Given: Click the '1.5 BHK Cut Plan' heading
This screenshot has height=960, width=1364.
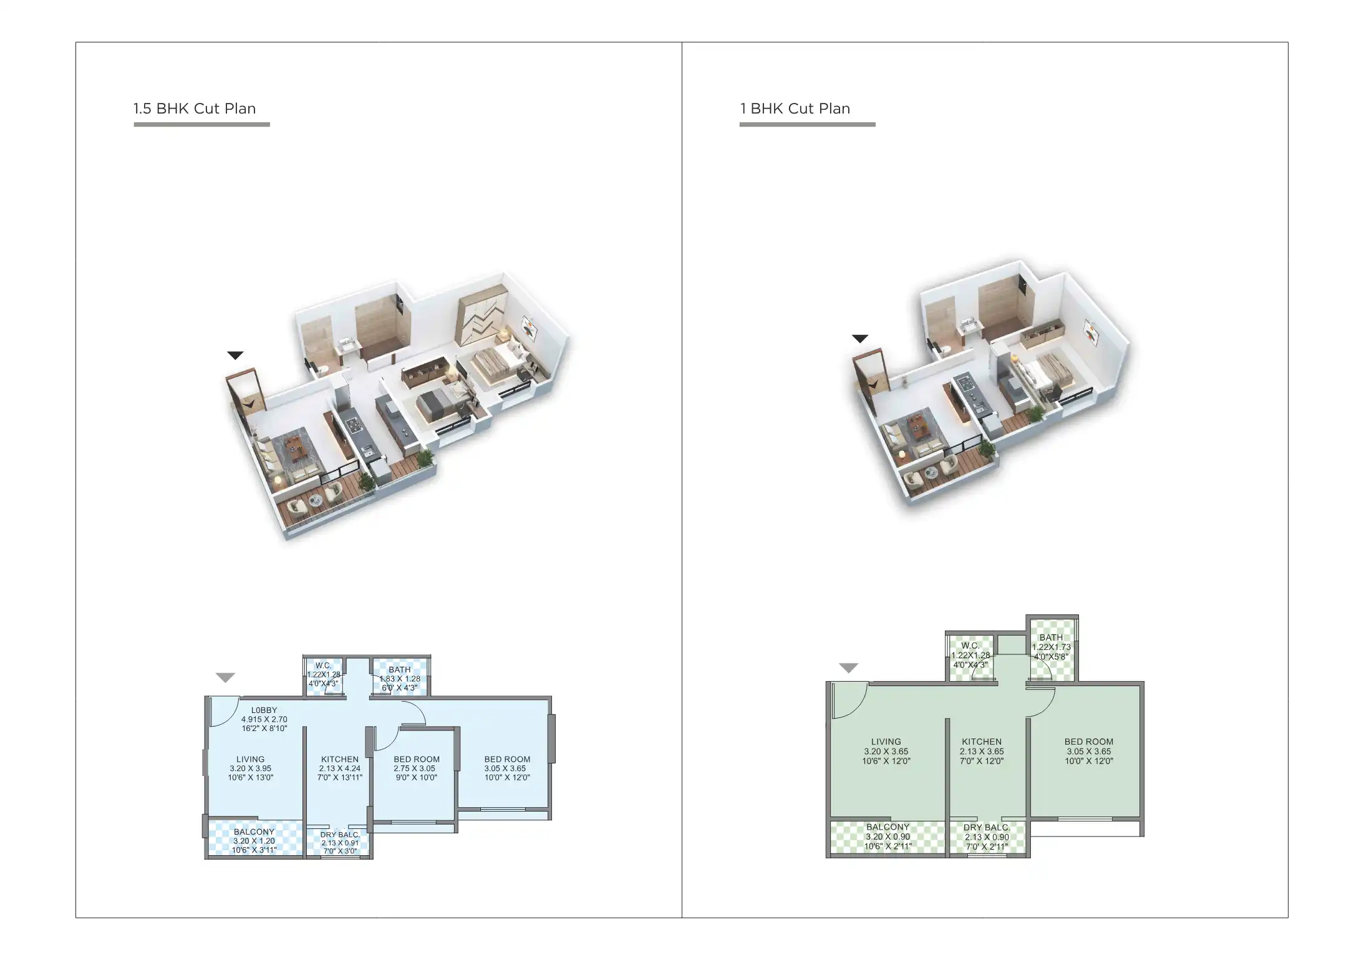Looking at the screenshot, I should pos(194,109).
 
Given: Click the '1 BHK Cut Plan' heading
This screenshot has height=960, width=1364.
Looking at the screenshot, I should pos(795,109).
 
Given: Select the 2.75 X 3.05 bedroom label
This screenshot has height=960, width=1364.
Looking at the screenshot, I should pos(416,768).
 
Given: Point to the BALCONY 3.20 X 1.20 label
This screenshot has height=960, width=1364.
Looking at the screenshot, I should pos(254,840).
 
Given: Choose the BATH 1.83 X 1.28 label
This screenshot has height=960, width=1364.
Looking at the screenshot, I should pos(400,679).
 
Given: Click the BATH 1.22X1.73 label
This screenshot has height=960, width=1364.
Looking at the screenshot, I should pos(1051,647).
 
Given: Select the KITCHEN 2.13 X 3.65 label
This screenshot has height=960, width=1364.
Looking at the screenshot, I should pos(982,751).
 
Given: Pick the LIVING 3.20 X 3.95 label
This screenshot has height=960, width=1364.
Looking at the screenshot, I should pos(251,768).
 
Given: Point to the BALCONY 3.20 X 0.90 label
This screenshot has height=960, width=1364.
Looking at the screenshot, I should pos(888,836).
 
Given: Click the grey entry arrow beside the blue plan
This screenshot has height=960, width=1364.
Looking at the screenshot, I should pos(225,677).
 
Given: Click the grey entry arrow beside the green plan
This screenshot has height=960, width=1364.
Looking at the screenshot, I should pos(848,668).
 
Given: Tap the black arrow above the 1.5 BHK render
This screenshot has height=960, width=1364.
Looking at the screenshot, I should pos(235,356).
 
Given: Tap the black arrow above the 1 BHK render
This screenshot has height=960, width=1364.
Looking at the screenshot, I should pos(860,339).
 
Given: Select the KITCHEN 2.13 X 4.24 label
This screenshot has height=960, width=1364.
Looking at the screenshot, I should pos(340,768).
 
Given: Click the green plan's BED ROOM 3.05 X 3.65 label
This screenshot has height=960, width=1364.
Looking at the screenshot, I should pos(1088,751).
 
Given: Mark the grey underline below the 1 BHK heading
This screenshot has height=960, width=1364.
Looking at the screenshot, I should pos(807,125).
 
